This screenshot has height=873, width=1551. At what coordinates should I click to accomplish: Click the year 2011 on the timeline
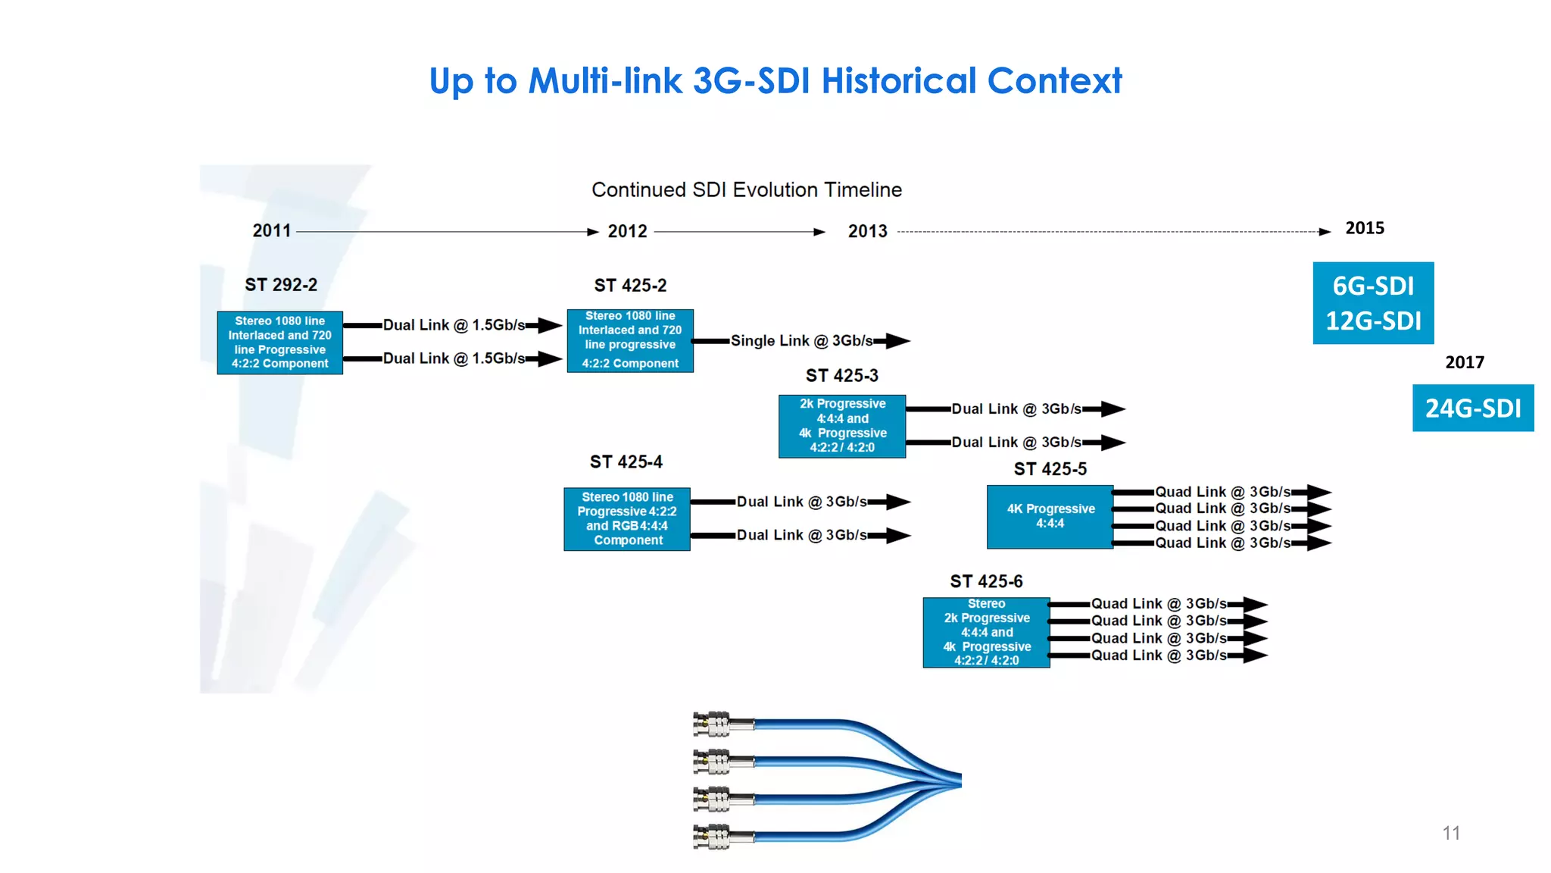pyautogui.click(x=271, y=230)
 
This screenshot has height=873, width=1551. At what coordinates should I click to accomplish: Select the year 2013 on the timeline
pyautogui.click(x=867, y=231)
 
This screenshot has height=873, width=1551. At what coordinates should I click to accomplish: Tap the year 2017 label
pyautogui.click(x=1464, y=362)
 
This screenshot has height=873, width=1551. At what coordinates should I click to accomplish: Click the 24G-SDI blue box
pyautogui.click(x=1472, y=408)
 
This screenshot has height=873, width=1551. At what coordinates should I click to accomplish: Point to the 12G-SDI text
pyautogui.click(x=1373, y=321)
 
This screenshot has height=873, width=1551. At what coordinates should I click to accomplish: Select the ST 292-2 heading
pyautogui.click(x=281, y=285)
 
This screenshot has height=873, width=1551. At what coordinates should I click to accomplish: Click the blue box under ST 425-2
pyautogui.click(x=630, y=340)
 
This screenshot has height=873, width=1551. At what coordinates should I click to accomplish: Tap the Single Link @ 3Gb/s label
pyautogui.click(x=801, y=341)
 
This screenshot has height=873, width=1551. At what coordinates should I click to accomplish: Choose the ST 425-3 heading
pyautogui.click(x=841, y=376)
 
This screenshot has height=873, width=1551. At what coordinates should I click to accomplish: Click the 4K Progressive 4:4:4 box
pyautogui.click(x=1050, y=517)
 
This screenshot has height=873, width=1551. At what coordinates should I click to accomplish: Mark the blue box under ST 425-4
pyautogui.click(x=627, y=519)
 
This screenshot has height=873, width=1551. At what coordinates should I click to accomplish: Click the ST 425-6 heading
pyautogui.click(x=986, y=581)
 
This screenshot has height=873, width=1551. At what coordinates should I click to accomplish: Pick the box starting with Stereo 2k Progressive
pyautogui.click(x=986, y=632)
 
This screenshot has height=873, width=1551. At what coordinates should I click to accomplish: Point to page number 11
pyautogui.click(x=1450, y=833)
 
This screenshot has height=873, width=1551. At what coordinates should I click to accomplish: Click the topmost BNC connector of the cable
pyautogui.click(x=713, y=724)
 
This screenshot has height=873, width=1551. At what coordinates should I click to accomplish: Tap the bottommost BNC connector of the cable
pyautogui.click(x=713, y=837)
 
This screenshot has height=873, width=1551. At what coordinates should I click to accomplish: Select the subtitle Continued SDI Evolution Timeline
pyautogui.click(x=746, y=190)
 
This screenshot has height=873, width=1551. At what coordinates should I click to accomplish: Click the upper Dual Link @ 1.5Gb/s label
pyautogui.click(x=454, y=325)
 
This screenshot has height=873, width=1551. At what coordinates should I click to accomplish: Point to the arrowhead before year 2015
pyautogui.click(x=1325, y=232)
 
